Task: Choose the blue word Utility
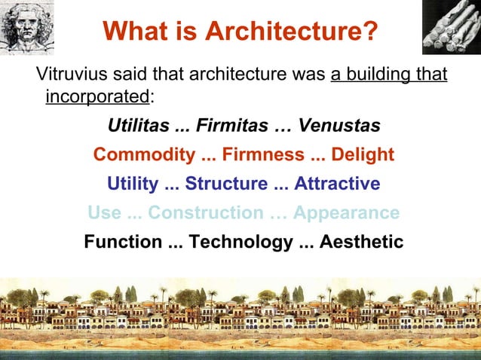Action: [x=133, y=185]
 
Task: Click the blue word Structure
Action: [x=226, y=185]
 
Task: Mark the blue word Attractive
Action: [x=337, y=185]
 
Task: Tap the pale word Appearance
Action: [x=346, y=213]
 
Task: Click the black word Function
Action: [x=123, y=243]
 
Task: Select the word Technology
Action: [x=237, y=243]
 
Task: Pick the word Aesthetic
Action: [x=360, y=243]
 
